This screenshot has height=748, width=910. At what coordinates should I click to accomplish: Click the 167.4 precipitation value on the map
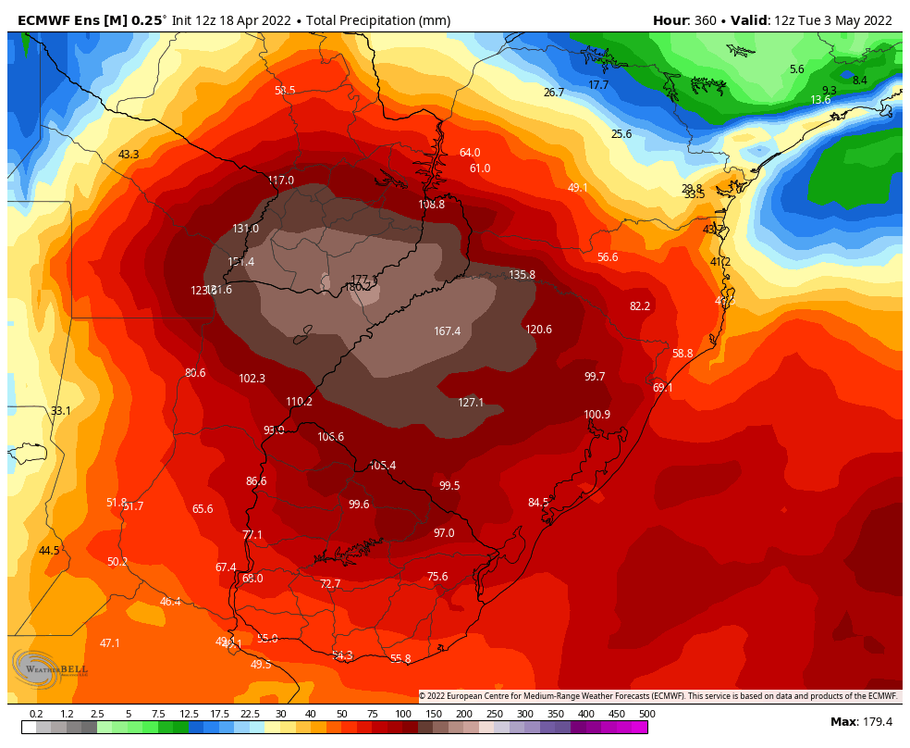point(447,331)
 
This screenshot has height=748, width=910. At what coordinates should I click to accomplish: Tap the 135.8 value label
point(522,275)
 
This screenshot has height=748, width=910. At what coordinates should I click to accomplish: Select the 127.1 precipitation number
point(471,403)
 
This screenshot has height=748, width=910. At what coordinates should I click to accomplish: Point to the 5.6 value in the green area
point(796,69)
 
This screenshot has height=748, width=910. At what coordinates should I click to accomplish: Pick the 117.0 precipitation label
point(280,181)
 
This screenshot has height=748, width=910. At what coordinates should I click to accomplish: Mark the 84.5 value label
point(538,503)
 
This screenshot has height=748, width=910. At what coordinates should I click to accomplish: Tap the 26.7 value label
point(553,93)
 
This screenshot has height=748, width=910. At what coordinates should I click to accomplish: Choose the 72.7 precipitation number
point(330,584)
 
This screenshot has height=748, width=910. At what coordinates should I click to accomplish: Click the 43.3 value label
point(129,155)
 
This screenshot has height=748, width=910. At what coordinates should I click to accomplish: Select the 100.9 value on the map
point(596,415)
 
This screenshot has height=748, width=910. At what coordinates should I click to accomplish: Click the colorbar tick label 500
point(646,715)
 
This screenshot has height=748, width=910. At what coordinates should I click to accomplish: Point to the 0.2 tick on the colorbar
point(37,715)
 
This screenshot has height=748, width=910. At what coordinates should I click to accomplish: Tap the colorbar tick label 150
point(434,715)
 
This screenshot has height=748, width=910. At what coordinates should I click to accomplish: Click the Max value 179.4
point(874,722)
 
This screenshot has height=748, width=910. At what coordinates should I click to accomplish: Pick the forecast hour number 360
point(706,20)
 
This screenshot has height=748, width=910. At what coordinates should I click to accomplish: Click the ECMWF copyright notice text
point(658,696)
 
